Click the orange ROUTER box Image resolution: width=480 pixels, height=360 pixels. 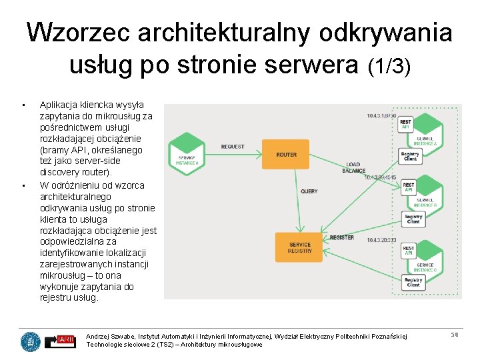pos(285,155)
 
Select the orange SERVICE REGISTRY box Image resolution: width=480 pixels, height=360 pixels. pos(299,248)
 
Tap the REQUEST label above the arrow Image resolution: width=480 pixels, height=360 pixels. pos(233,147)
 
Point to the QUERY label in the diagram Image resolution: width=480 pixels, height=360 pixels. pos(309,191)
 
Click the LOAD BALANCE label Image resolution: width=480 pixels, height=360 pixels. pos(353,167)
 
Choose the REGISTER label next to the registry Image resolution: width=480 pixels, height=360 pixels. pos(342,238)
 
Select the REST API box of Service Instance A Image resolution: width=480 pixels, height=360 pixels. pos(406,125)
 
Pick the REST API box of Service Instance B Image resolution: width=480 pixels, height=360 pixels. pos(409,187)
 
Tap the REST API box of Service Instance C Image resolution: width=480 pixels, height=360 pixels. pos(409,251)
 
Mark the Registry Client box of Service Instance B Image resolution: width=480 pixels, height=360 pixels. pos(413,218)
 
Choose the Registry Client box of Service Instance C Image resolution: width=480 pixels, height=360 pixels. pos(413,282)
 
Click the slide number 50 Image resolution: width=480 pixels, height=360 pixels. pos(455,334)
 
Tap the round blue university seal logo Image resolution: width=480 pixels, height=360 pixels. pos(30,341)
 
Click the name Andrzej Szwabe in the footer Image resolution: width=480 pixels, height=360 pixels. pos(109,336)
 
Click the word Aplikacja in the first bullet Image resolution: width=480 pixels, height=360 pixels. pos(58,105)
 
